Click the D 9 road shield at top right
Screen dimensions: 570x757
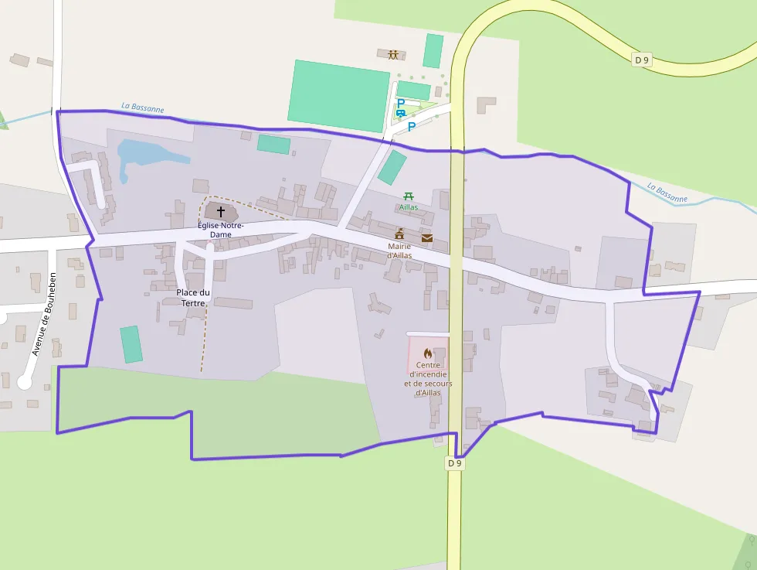642,60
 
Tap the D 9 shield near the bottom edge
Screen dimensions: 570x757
455,463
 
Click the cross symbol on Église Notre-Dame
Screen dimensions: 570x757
221,211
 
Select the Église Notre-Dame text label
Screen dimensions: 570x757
220,230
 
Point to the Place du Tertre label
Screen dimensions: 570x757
193,298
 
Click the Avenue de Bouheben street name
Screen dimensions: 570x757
43,314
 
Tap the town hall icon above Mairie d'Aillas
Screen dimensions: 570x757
399,234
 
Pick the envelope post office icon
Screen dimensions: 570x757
427,237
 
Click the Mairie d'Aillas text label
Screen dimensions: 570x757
399,251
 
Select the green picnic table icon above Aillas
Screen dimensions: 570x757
408,196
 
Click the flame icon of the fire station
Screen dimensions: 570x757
428,353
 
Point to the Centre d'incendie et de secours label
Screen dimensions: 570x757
428,378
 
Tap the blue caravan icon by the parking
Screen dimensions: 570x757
400,114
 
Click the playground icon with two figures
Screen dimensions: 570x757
394,54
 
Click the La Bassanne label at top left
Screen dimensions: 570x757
143,109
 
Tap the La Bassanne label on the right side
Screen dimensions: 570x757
667,193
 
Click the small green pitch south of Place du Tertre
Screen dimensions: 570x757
131,344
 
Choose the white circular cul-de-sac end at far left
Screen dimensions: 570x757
25,382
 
